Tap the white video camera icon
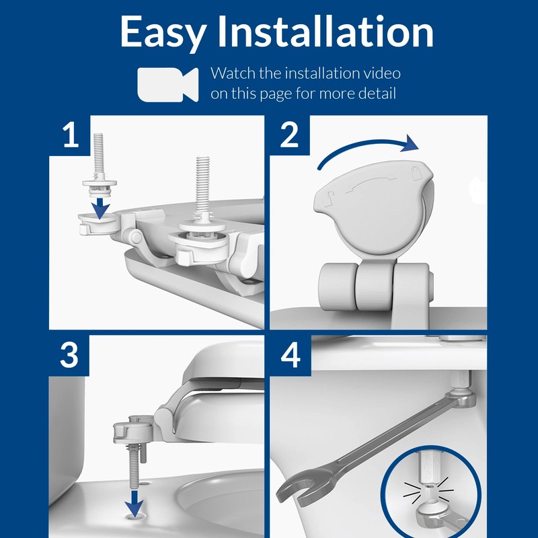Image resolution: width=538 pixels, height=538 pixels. [x=167, y=84]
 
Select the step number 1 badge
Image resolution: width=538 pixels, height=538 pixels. [x=70, y=136]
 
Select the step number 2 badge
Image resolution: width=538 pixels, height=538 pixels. [x=289, y=136]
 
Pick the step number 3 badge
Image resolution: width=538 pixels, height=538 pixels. [x=70, y=356]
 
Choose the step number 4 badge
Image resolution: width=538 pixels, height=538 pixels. [x=289, y=356]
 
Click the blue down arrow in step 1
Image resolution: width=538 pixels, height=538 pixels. [x=100, y=206]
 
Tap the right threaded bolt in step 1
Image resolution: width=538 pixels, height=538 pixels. [x=202, y=185]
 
